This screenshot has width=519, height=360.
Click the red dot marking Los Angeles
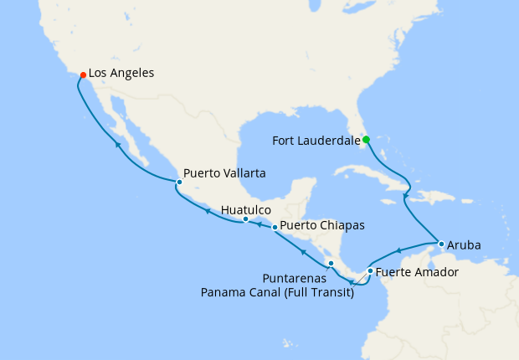[83, 75]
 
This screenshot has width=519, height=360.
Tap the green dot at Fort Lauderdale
[366, 140]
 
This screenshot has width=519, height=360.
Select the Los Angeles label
[121, 74]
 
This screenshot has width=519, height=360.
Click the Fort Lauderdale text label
[316, 141]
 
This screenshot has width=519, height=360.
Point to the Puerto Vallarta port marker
[178, 182]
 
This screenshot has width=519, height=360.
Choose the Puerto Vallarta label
[224, 173]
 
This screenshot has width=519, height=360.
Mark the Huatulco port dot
[245, 219]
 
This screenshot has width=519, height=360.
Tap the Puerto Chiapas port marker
[275, 227]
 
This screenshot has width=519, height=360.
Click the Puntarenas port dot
[331, 264]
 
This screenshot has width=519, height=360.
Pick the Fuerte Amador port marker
[370, 270]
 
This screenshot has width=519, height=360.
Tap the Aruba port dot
[441, 244]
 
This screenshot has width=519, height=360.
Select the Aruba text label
[465, 245]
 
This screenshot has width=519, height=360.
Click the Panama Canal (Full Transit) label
[277, 291]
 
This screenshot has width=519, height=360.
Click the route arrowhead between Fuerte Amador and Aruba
[400, 249]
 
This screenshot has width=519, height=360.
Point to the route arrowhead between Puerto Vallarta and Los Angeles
[118, 145]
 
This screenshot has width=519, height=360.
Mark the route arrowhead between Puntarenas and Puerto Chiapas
[304, 249]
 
